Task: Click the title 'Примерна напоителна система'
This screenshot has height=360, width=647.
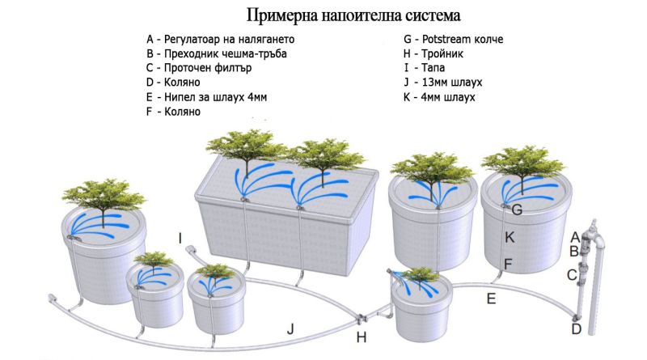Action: point(354,15)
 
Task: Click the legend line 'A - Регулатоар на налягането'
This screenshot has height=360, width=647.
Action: point(221,39)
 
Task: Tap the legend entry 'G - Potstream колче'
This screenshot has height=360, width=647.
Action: point(459,39)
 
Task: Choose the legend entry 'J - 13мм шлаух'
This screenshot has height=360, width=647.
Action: point(443,83)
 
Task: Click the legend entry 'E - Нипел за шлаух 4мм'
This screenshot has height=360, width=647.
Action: point(206,97)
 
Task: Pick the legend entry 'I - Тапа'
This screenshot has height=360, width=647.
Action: point(429,68)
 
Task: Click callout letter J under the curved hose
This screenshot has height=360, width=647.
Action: point(289,328)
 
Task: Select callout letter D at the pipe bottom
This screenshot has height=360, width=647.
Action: point(577,328)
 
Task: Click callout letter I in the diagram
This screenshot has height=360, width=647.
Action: point(181,238)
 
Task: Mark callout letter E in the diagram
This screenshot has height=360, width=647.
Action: point(491,299)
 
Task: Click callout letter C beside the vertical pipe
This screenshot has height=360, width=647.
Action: point(571,275)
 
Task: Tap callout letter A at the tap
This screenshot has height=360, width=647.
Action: point(576,237)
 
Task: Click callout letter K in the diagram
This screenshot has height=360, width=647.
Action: point(510,237)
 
